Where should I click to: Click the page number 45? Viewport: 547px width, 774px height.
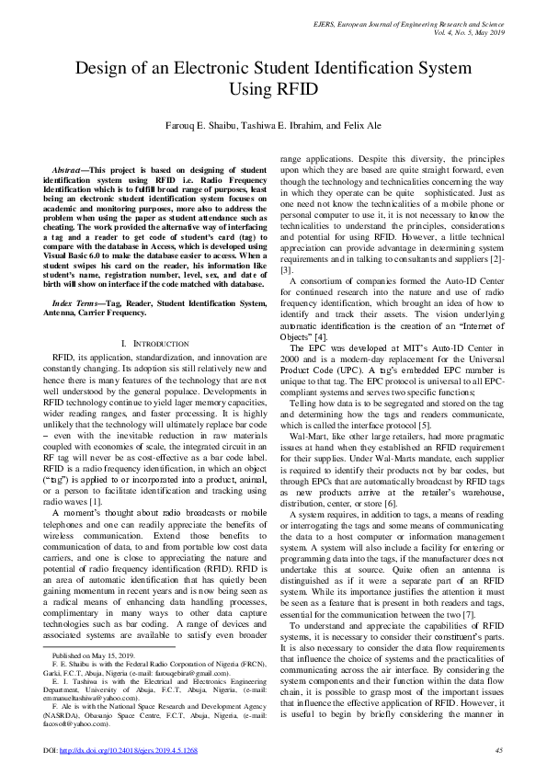coord(497,750)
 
